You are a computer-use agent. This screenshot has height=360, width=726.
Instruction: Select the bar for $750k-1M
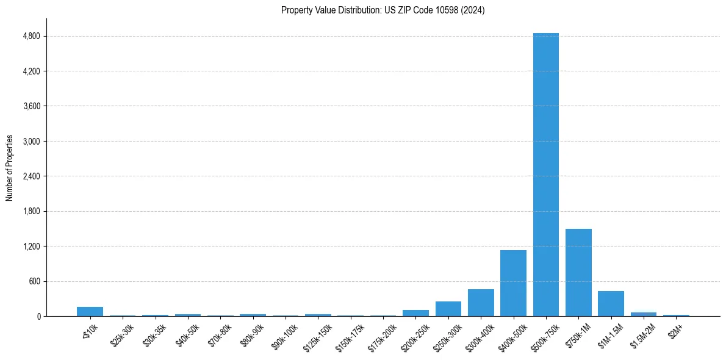click(578, 273)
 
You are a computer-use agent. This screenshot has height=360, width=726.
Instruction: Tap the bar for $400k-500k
click(513, 283)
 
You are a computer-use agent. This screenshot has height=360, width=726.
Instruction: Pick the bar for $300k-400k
click(481, 303)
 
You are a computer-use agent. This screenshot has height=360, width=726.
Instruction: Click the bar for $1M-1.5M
click(611, 304)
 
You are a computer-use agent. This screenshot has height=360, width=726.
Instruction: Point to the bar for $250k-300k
click(448, 309)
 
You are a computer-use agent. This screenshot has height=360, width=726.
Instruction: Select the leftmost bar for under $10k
click(90, 312)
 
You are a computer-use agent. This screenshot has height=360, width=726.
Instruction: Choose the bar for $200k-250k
click(415, 313)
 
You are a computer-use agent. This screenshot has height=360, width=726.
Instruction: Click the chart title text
click(383, 10)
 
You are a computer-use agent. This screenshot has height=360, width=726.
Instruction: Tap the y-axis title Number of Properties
click(10, 167)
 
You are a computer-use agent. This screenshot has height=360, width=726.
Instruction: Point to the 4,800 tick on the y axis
click(31, 37)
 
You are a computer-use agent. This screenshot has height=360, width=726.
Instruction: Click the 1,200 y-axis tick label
click(31, 247)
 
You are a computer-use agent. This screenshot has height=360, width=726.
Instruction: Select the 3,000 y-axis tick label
click(31, 142)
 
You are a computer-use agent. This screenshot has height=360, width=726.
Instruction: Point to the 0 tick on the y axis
click(38, 317)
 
